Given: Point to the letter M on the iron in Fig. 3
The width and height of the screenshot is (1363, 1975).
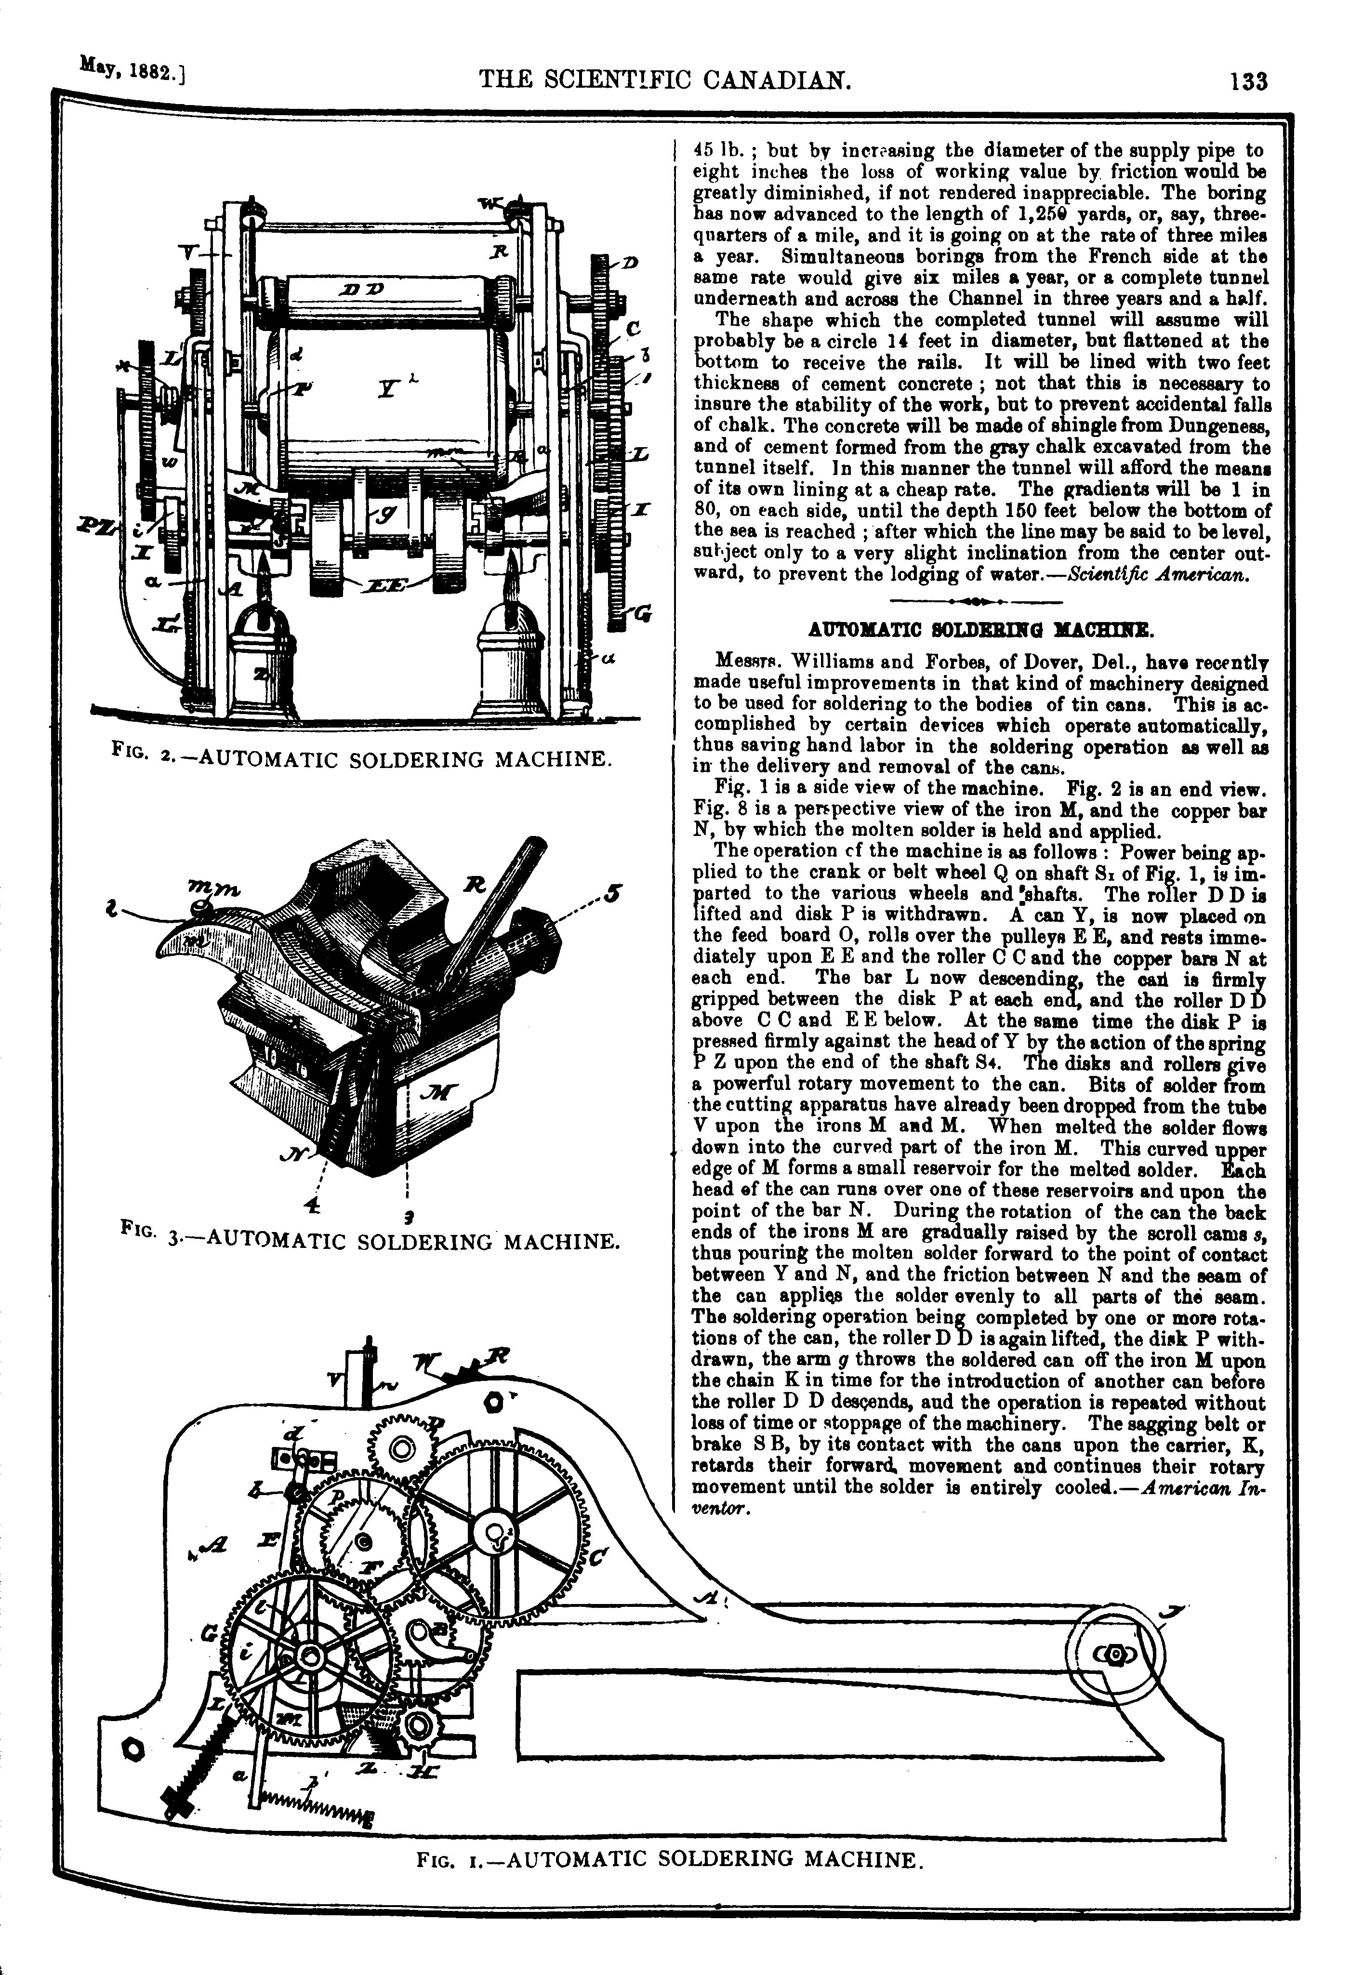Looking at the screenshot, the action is (x=441, y=1091).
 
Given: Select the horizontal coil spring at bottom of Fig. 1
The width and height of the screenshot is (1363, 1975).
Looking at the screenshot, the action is (x=315, y=1808).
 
